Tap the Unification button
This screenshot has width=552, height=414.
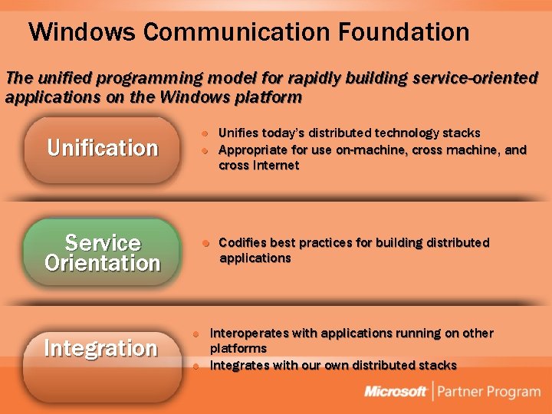pos(102,148)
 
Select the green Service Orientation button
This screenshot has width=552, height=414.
pos(102,253)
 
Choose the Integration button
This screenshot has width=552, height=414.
pos(100,349)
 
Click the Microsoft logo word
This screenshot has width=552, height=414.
pos(396,392)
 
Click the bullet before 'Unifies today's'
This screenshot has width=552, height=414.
pos(205,134)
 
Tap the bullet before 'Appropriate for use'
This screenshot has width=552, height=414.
pos(205,150)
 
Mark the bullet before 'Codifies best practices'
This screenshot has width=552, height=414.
pos(205,244)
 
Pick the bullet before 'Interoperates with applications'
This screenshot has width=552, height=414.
pos(195,334)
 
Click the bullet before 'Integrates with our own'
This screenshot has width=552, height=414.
pos(195,366)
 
